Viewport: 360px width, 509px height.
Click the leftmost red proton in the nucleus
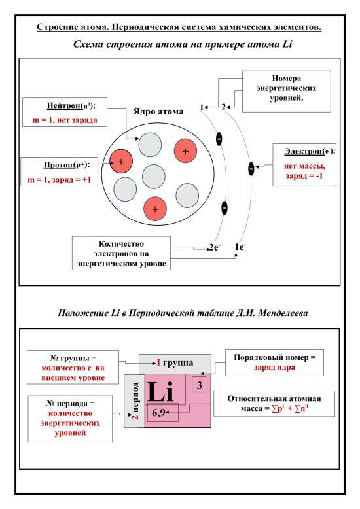122,161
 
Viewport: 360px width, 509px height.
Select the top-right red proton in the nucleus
185,151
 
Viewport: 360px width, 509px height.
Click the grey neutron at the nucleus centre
153,176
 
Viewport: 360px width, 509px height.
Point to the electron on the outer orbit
251,169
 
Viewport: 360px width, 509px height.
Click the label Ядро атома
158,111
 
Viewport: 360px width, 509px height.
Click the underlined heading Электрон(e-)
309,151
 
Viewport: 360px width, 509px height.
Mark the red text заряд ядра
271,367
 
